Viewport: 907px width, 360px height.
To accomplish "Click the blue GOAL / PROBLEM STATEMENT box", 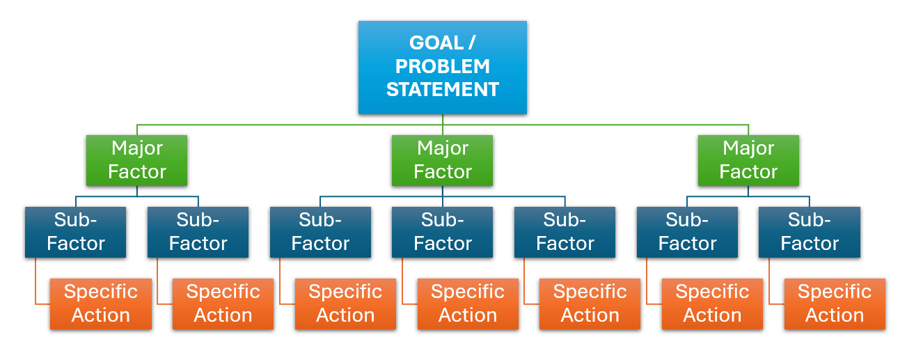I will point(442,67).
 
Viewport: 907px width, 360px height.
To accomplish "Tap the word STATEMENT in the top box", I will point(442,90).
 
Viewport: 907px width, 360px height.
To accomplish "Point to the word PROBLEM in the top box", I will point(442,67).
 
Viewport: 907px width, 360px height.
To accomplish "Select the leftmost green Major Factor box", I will point(136,160).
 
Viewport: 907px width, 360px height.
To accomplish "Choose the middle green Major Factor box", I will point(442,160).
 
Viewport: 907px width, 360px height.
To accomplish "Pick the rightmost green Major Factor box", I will point(748,160).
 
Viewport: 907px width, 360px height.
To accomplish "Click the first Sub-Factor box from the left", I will point(75,232).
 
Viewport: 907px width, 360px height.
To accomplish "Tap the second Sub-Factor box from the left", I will point(198,232).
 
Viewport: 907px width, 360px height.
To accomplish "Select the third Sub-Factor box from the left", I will point(320,232).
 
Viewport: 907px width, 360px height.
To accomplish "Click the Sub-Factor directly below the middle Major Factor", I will point(442,232).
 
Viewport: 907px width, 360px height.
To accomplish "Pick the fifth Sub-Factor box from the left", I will point(565,232).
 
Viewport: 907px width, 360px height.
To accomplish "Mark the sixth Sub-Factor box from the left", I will point(687,232).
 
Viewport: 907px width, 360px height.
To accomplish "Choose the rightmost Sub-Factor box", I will point(809,232).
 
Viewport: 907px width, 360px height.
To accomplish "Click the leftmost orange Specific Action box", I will point(101,304).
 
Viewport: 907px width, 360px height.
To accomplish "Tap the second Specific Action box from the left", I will point(223,304).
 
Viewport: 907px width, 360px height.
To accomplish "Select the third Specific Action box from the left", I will point(345,304).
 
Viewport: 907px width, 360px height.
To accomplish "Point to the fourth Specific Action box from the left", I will point(468,304).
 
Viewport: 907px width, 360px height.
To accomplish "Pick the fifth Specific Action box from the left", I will point(590,304).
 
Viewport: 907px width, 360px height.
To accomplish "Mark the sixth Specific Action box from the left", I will point(712,304).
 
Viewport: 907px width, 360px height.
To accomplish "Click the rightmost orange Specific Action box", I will point(835,304).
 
